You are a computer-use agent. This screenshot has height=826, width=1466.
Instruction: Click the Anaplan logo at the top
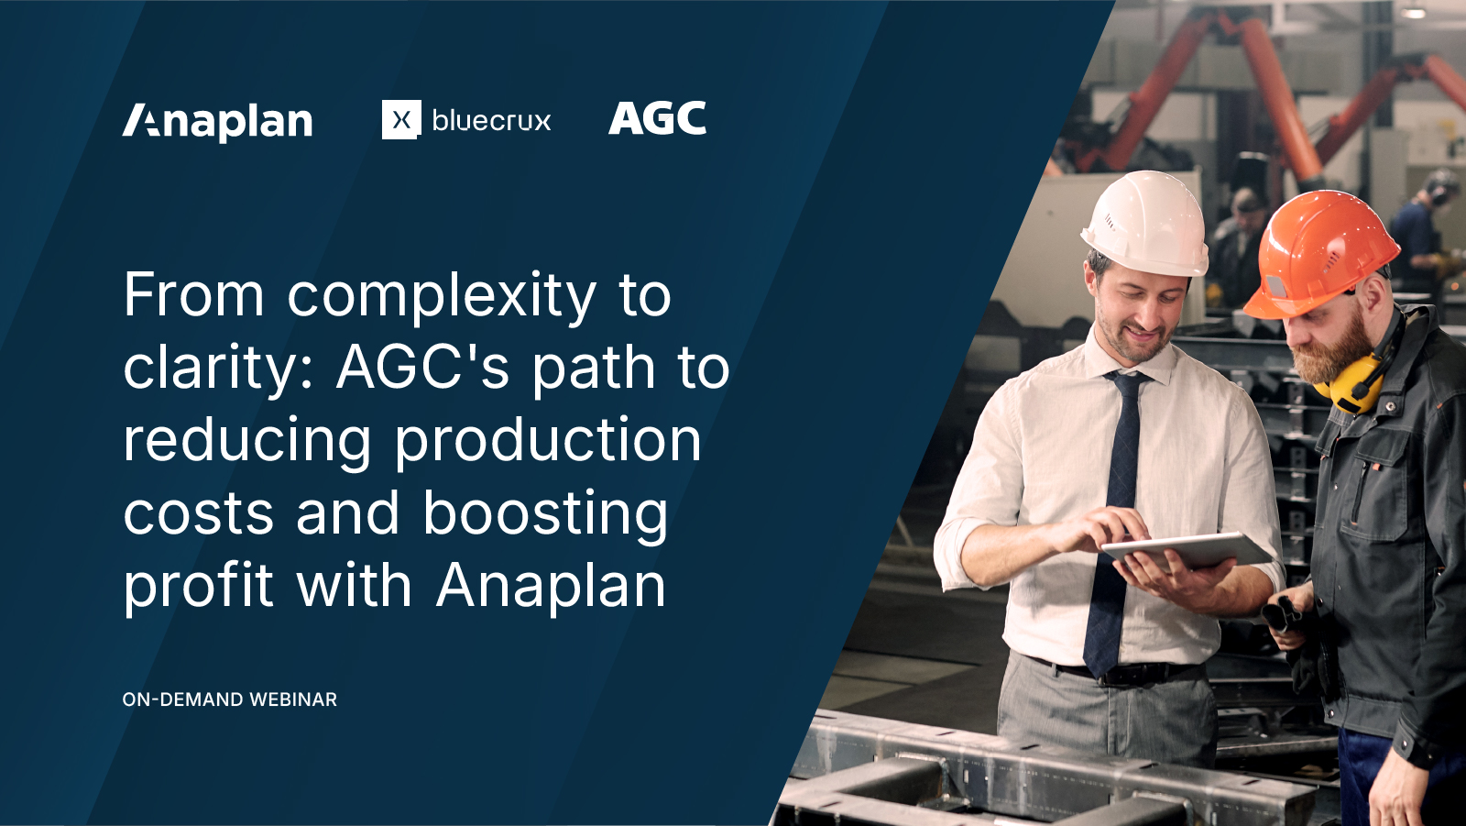pyautogui.click(x=218, y=121)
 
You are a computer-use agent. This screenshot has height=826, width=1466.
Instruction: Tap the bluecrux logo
pyautogui.click(x=466, y=120)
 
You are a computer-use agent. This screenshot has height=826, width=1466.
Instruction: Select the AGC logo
pyautogui.click(x=657, y=119)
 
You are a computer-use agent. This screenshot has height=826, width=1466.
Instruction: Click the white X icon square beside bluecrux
pyautogui.click(x=401, y=120)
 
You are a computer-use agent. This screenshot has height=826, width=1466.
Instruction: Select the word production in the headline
pyautogui.click(x=548, y=441)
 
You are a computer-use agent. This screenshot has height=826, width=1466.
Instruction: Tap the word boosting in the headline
pyautogui.click(x=546, y=514)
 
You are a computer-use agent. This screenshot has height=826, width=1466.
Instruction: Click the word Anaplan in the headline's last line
pyautogui.click(x=551, y=587)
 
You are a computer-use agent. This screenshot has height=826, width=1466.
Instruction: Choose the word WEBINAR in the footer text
pyautogui.click(x=293, y=699)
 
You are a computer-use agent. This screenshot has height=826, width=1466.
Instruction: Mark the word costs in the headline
pyautogui.click(x=198, y=514)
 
